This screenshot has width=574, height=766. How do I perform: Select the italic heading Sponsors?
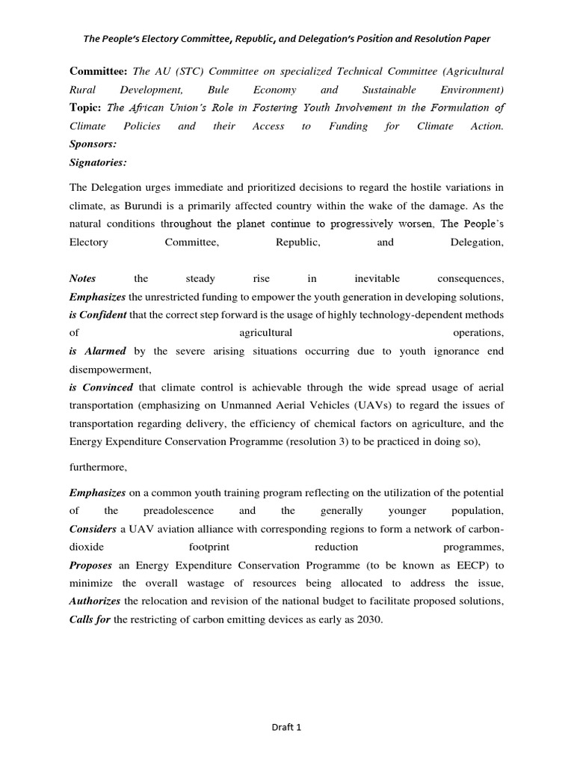click(93, 144)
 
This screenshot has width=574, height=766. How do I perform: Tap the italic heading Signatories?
click(98, 162)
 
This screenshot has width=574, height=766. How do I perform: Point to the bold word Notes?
click(82, 279)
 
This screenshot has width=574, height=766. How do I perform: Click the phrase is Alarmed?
click(98, 351)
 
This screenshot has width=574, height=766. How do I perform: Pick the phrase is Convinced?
click(101, 387)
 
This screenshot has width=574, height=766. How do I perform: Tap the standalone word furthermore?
click(99, 468)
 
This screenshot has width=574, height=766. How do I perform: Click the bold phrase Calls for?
click(90, 619)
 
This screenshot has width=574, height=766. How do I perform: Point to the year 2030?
click(368, 619)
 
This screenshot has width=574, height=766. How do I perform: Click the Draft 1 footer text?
click(287, 726)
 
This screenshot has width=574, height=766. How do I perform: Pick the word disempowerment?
click(110, 369)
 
